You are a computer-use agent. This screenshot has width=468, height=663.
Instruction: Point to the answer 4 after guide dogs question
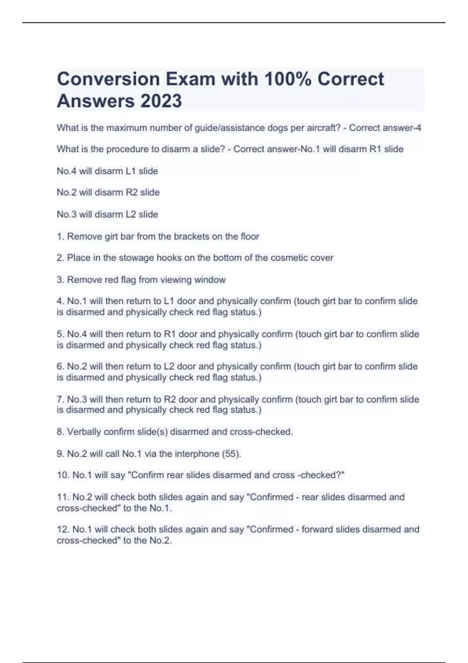click(x=418, y=128)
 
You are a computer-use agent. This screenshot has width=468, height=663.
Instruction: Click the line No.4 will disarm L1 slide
click(x=107, y=171)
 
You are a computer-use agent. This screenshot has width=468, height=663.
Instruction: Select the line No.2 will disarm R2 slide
click(x=108, y=193)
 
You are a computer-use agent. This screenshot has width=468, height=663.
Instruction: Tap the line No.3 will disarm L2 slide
click(x=107, y=214)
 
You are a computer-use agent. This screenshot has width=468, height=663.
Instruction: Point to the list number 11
click(x=62, y=497)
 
